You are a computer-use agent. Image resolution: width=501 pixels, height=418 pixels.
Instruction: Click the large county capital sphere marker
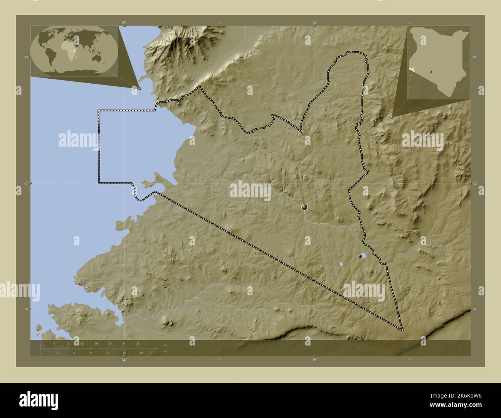tap(304, 207)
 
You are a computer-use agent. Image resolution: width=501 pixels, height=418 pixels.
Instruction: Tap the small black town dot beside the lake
tap(360, 256)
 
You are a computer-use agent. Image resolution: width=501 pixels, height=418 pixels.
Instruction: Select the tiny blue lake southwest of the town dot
tap(341, 265)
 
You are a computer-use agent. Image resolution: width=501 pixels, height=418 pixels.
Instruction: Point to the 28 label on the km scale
tap(138, 343)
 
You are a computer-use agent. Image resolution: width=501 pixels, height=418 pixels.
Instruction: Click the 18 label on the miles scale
tap(141, 352)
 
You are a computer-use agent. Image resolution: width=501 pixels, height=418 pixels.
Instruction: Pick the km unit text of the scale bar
tap(165, 345)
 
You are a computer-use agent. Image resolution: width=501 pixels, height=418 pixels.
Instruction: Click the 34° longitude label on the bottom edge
tap(124, 360)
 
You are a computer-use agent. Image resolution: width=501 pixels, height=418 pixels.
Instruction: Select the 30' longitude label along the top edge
tap(314, 23)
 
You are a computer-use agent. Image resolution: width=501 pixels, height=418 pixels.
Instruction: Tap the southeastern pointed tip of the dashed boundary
tap(402, 330)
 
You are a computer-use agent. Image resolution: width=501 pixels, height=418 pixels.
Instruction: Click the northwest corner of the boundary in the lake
tap(99, 111)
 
